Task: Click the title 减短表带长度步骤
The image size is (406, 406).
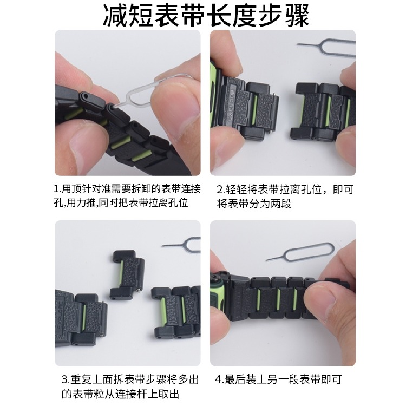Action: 203,16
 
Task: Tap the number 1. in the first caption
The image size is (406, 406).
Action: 58,190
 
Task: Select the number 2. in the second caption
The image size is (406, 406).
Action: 221,190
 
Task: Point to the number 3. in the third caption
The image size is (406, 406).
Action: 65,379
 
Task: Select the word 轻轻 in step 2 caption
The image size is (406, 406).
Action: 235,190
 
